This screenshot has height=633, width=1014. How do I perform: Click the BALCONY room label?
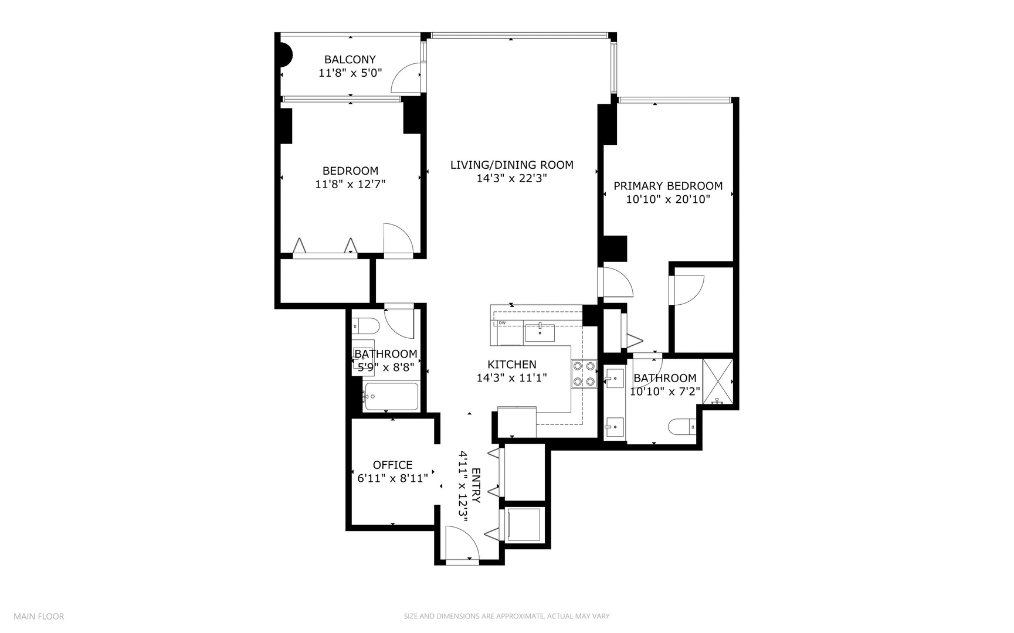(350, 59)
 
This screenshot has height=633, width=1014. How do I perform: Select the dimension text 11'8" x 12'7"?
(350, 184)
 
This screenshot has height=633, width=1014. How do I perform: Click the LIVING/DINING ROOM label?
(511, 165)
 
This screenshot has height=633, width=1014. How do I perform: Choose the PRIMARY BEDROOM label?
(667, 186)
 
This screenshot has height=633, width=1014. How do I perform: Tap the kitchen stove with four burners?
(584, 374)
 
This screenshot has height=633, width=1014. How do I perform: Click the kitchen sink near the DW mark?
(540, 332)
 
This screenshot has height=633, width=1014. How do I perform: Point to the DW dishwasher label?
(502, 323)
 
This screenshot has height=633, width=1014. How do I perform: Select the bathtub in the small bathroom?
(391, 397)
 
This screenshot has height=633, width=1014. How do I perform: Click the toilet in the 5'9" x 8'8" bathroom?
(365, 325)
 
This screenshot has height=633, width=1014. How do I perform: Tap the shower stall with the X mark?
(718, 381)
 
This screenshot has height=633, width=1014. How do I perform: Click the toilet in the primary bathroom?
(682, 427)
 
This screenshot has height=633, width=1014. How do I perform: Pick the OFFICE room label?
(392, 465)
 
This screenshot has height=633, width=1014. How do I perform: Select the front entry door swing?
(460, 542)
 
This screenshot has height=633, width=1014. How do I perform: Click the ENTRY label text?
(476, 485)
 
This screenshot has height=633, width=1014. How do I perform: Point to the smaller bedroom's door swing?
(396, 239)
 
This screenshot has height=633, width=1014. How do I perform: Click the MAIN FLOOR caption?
(39, 616)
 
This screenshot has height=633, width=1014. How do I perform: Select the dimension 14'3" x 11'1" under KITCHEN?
(511, 378)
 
